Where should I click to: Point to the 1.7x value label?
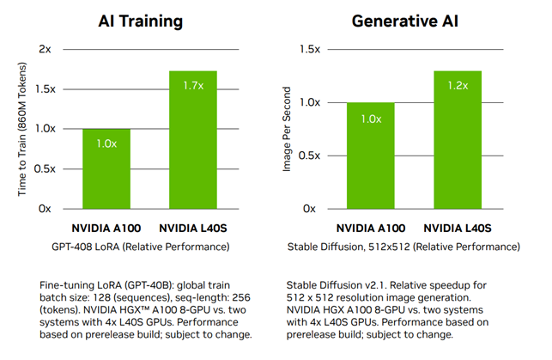[x=194, y=85]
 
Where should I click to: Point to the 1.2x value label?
[x=458, y=85]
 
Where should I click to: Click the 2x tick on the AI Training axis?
[x=45, y=49]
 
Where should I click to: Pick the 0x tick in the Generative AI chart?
[x=310, y=209]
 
